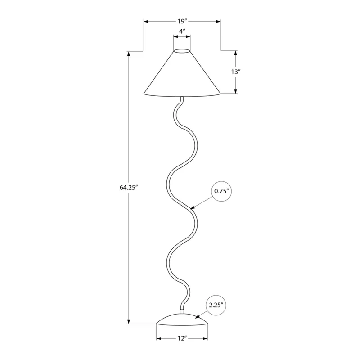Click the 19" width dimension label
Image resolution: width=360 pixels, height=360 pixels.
tap(183, 21)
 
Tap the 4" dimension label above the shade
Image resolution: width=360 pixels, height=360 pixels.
tap(182, 31)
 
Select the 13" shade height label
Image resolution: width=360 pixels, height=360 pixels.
tap(235, 72)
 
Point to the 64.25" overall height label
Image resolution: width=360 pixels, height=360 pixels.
tap(128, 188)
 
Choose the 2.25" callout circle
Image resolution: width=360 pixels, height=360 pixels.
tap(216, 305)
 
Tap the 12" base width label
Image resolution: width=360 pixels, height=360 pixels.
tap(182, 338)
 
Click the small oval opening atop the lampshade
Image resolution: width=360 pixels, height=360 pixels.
tap(182, 50)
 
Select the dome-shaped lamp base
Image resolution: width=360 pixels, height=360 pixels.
tap(182, 319)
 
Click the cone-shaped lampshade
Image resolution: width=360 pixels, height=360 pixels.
tap(182, 73)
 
